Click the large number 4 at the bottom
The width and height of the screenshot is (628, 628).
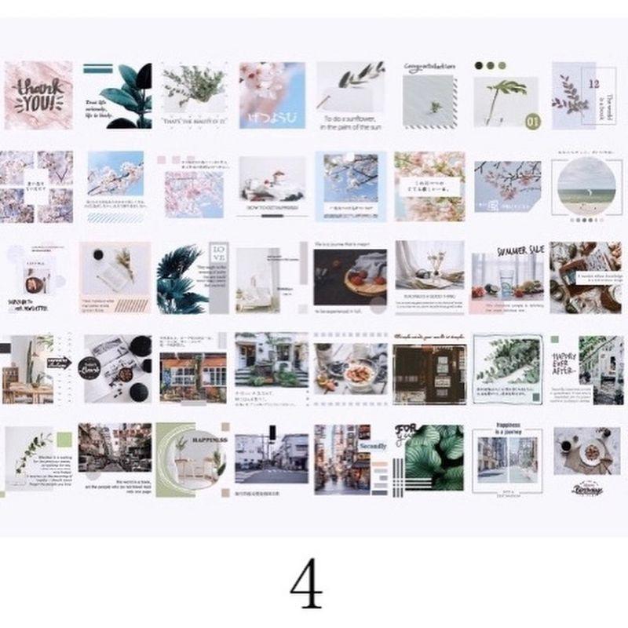(306, 585)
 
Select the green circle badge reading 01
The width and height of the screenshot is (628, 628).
(533, 121)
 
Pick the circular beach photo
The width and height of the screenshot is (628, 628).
(586, 186)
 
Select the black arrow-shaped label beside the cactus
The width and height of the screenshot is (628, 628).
(58, 361)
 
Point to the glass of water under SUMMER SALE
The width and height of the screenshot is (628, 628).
(507, 279)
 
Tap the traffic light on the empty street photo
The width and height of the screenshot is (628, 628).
(272, 433)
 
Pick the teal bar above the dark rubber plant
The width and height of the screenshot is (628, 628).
(100, 68)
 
